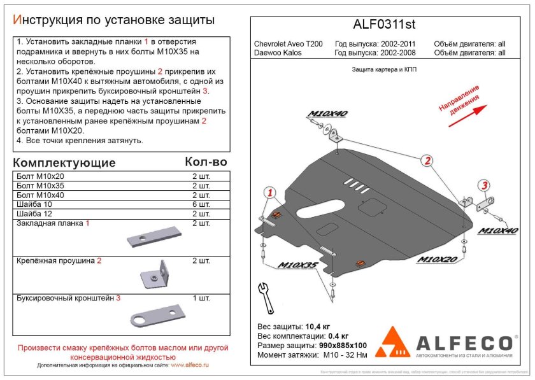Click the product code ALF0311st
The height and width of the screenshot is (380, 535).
pos(385,25)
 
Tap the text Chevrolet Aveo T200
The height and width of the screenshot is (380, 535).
pos(288,44)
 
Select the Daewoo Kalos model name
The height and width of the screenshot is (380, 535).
pos(278,53)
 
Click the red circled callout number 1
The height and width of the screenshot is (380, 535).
pos(270,193)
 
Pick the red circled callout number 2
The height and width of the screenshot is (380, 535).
pos(428,160)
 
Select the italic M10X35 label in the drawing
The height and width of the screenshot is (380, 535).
pos(297,265)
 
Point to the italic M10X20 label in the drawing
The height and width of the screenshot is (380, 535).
pos(439,260)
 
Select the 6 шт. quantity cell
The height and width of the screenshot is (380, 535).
pos(201,204)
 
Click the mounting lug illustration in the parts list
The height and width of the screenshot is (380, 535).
pos(154,275)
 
